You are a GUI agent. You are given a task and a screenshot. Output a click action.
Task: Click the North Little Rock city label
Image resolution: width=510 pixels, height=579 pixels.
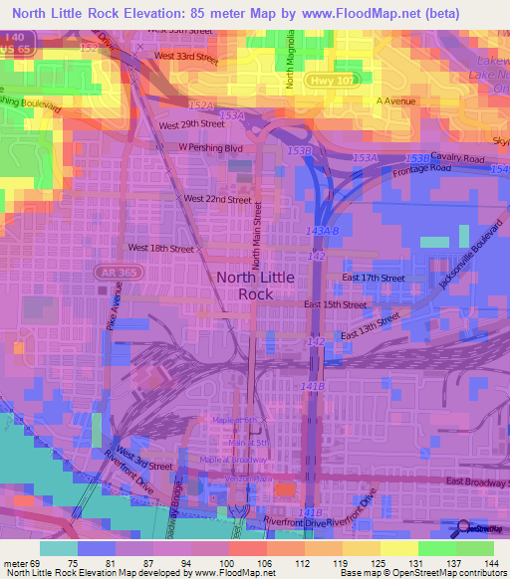pos(255,286)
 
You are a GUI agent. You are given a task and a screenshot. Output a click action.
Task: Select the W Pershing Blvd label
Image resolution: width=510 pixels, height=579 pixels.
pos(211,147)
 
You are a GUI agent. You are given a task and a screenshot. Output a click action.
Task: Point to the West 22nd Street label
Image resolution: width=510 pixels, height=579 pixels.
pos(217,199)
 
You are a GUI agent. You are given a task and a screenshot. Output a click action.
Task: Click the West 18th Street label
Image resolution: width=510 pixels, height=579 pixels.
pos(160,248)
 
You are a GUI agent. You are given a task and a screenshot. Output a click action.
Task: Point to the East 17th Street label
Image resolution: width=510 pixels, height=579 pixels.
pos(373,278)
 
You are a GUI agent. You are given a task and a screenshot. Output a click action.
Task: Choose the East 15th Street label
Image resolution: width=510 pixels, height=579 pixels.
pos(335,303)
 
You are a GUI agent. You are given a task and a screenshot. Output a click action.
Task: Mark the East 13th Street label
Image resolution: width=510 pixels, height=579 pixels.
pos(370,328)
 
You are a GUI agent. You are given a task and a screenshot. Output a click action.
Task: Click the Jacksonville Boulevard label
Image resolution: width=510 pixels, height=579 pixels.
pos(467,257)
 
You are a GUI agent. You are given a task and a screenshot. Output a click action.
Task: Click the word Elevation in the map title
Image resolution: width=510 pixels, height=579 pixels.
pos(165,15)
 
